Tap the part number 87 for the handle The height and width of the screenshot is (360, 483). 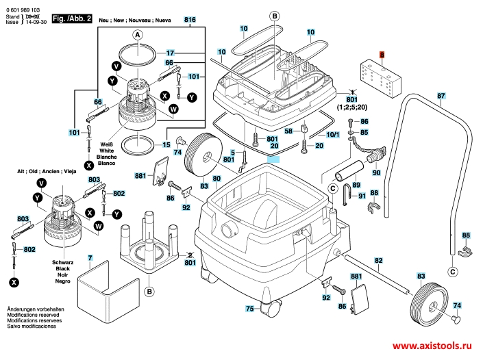(x=441, y=96)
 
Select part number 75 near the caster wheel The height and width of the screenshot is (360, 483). (x=251, y=309)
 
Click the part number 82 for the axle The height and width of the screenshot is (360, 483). (x=378, y=260)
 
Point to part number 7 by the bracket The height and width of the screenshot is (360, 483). (x=90, y=257)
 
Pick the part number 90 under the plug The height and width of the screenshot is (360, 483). (x=375, y=173)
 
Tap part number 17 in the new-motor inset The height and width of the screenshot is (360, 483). (x=171, y=53)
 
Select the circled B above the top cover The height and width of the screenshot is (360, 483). (x=274, y=15)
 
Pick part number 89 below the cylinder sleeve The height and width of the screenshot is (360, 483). (x=356, y=185)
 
